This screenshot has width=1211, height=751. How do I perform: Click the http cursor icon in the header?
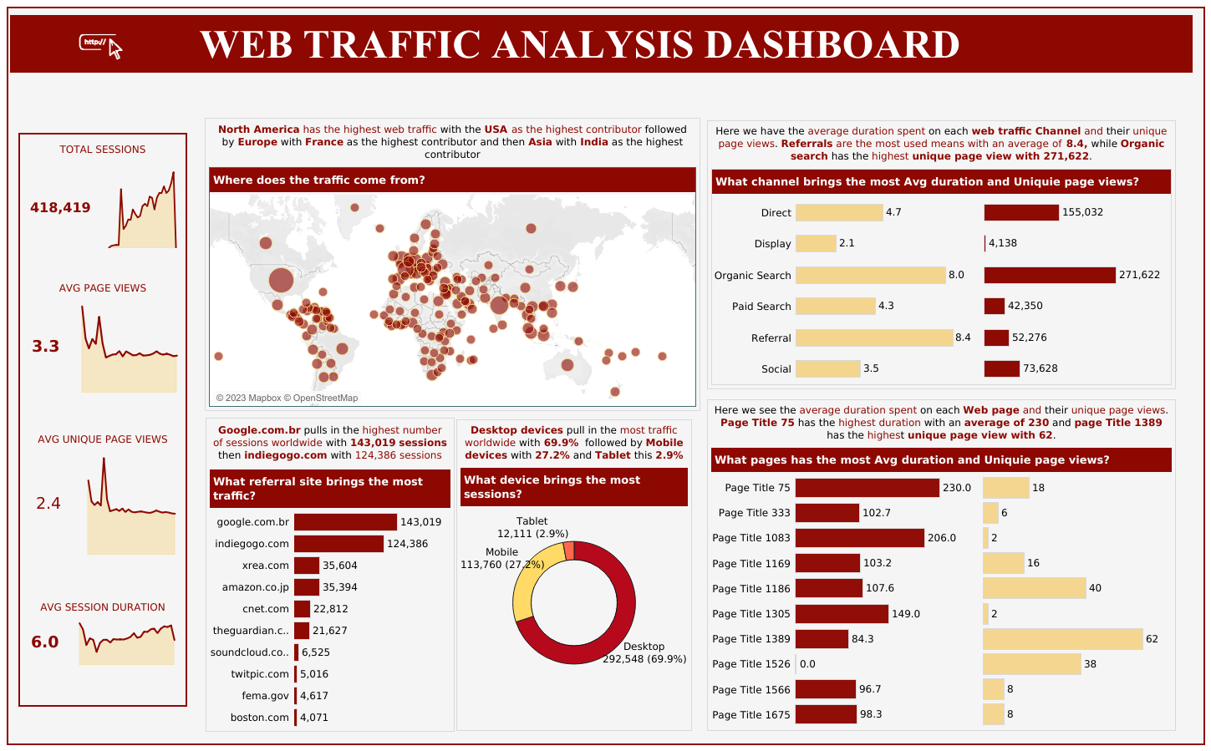click(x=100, y=45)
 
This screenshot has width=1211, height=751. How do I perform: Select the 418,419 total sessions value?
click(x=60, y=208)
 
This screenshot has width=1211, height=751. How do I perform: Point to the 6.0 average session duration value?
click(x=45, y=642)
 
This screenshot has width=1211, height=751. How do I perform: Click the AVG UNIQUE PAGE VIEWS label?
click(x=103, y=439)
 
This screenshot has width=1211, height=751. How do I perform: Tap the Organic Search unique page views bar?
click(x=1049, y=275)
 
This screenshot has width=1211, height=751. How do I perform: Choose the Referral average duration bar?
click(x=874, y=337)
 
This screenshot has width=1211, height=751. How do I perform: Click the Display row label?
click(x=772, y=244)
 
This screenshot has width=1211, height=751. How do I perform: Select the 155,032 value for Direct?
click(x=1082, y=213)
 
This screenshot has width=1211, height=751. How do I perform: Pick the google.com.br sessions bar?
click(x=345, y=522)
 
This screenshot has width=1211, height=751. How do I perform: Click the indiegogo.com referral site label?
click(x=252, y=544)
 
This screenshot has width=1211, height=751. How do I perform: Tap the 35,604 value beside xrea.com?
click(x=340, y=566)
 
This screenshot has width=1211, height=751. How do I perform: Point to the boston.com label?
click(x=259, y=718)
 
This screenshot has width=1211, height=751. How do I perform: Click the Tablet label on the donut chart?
click(x=532, y=521)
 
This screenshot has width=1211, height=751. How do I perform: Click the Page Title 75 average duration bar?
click(x=867, y=488)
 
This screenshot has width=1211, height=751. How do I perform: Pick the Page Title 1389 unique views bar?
click(x=1062, y=639)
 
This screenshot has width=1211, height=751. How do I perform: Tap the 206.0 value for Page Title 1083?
click(x=942, y=538)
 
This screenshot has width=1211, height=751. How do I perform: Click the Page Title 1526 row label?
click(x=751, y=664)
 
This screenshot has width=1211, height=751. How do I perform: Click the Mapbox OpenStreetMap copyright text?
click(x=287, y=398)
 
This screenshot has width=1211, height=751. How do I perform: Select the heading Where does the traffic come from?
click(x=319, y=180)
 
